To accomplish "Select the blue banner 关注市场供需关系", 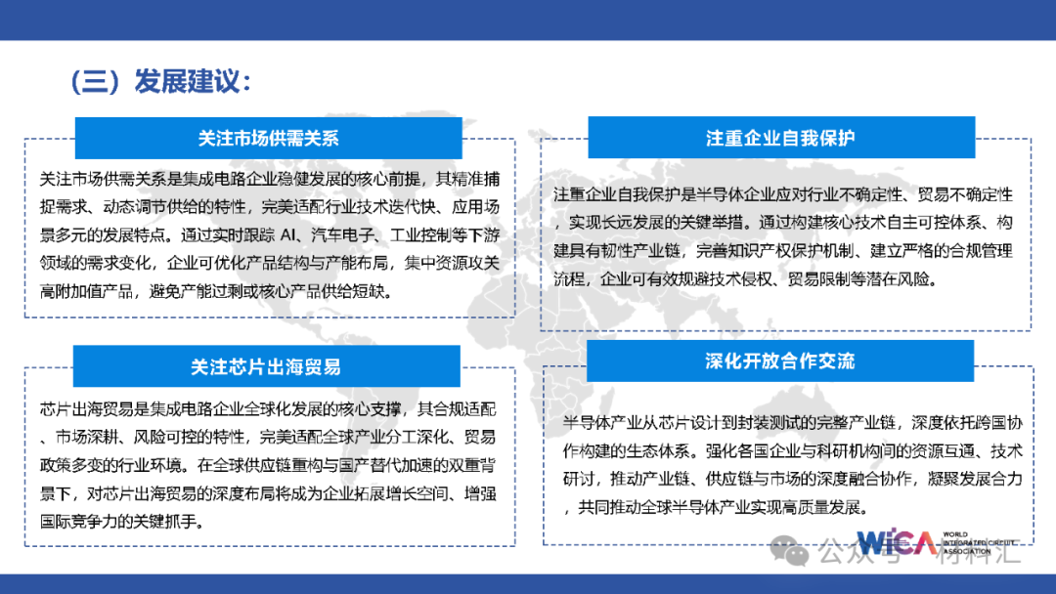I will (x=268, y=138).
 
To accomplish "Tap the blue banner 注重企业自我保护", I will (x=780, y=138).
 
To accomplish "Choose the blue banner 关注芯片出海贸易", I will (x=266, y=367).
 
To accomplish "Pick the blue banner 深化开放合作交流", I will (x=779, y=361).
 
